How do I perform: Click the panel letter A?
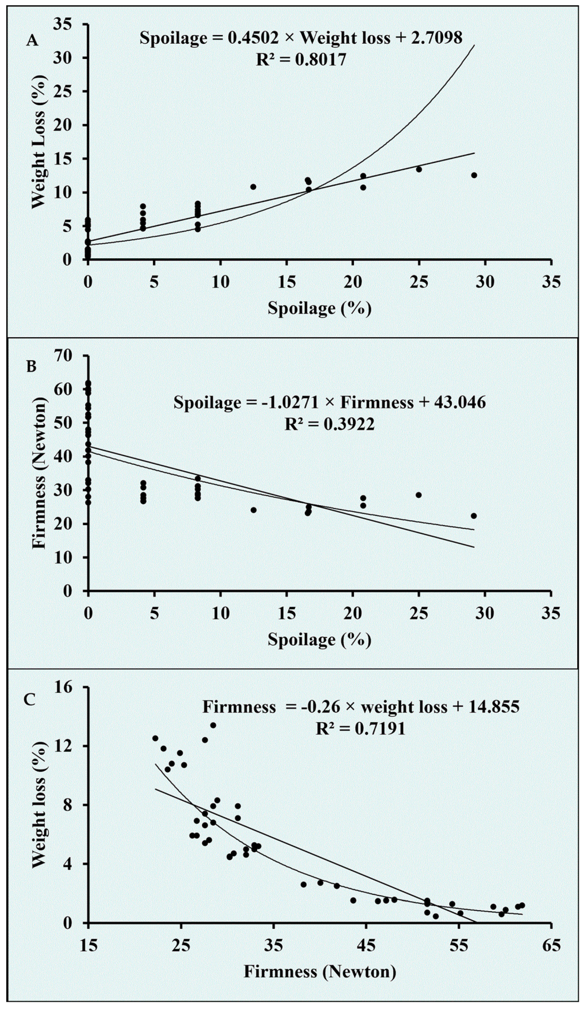32,41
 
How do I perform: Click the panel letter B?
31,367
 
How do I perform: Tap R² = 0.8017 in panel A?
301,60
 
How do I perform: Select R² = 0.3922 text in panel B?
329,424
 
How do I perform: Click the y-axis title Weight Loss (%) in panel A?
38,141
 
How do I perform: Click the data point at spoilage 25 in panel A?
419,169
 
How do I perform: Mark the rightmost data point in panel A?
474,175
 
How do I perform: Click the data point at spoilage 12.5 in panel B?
253,510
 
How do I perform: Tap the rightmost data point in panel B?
474,516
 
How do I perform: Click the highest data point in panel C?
213,725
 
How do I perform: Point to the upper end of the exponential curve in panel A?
474,45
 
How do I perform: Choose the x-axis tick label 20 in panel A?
353,282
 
